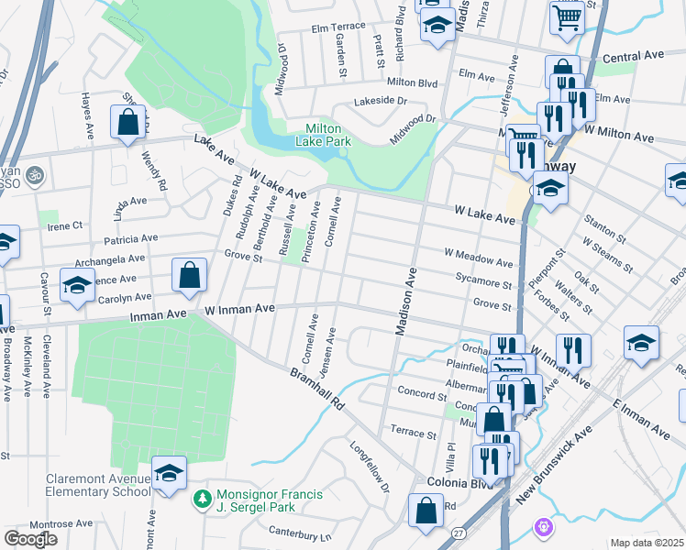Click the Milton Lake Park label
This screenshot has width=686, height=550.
point(322,135)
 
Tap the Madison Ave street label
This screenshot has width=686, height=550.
point(406,301)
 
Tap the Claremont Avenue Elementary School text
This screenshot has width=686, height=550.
point(99,485)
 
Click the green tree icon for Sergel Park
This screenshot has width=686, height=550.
point(201,500)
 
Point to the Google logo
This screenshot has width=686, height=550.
point(30,539)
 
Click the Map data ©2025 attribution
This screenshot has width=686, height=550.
point(647,543)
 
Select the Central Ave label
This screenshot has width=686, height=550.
point(634,57)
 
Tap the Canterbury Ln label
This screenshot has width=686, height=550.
point(300,532)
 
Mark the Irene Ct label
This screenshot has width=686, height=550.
point(65,225)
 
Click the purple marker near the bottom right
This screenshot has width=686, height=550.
point(543,527)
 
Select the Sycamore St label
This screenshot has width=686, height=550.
point(482,286)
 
